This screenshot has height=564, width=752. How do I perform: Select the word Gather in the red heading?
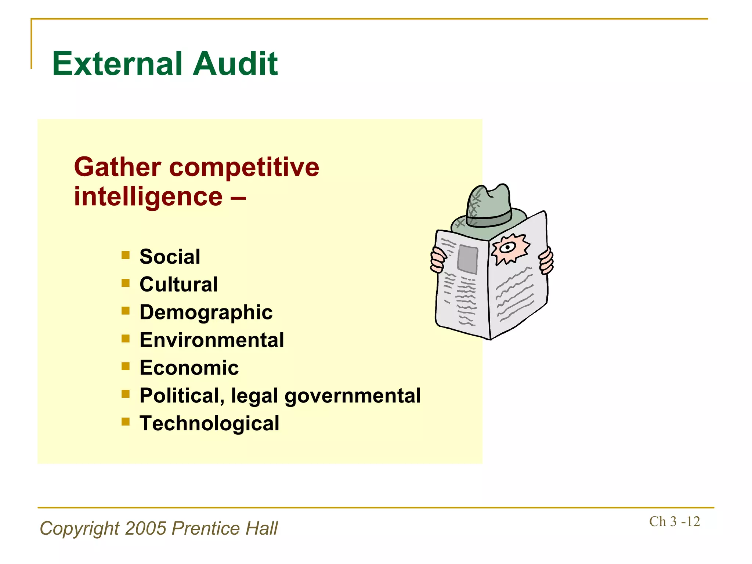point(117,167)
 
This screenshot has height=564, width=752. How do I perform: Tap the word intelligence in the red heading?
point(148,196)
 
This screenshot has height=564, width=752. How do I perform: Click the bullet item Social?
point(170,256)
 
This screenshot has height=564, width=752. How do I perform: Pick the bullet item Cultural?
point(178,284)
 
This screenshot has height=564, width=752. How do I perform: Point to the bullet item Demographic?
point(206,312)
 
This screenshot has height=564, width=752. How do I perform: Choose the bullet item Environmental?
point(211,340)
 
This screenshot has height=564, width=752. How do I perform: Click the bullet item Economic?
point(189,368)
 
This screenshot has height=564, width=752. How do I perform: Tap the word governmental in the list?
point(352,396)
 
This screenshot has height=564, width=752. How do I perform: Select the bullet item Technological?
point(209,423)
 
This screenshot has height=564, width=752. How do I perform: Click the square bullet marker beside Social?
point(126,255)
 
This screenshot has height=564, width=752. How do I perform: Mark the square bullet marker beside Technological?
point(126,422)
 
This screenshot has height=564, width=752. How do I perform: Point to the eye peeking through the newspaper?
point(509,247)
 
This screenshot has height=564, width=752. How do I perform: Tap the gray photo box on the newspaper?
point(467,258)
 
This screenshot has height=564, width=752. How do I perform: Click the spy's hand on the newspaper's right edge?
point(546,261)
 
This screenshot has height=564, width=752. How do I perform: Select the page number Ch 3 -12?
point(674,521)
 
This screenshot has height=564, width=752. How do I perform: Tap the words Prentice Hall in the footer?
point(225,528)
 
